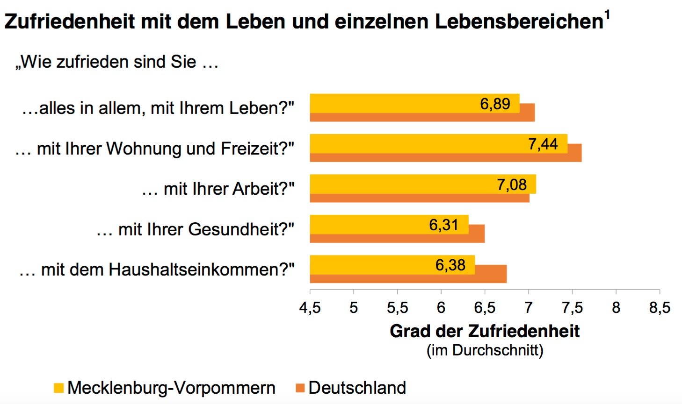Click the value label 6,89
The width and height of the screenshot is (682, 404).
click(495, 104)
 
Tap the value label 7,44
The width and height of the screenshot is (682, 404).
click(543, 144)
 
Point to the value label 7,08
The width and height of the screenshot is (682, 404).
click(512, 185)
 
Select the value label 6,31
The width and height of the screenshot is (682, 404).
click(443, 225)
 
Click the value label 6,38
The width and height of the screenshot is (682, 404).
click(450, 265)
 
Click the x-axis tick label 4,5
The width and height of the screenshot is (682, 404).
click(310, 307)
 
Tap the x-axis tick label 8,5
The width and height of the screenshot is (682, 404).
click(660, 307)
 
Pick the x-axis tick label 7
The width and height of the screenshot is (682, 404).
click(529, 307)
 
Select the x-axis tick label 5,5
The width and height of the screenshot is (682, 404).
click(397, 307)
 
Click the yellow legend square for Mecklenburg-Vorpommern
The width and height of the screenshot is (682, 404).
click(58, 388)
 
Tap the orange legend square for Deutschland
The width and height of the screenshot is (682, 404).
click(300, 388)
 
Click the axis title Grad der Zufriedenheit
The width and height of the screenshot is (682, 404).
click(485, 331)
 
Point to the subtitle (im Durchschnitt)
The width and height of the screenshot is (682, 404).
click(485, 350)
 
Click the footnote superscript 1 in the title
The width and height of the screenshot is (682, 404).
click(607, 15)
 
